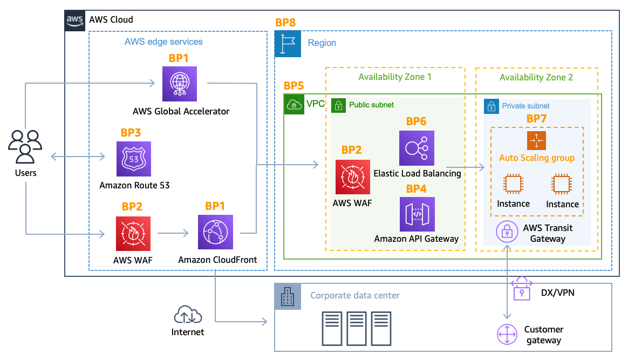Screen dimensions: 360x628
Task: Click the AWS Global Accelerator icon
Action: (x=180, y=84)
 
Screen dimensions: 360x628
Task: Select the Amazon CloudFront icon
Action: (x=215, y=232)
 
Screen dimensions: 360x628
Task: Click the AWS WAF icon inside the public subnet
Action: (x=353, y=176)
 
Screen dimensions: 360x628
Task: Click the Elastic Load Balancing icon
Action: (x=417, y=148)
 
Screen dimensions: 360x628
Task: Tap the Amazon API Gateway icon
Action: (x=417, y=214)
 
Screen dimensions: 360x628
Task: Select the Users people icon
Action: (x=25, y=146)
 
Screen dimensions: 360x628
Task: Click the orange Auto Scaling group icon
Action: (x=536, y=141)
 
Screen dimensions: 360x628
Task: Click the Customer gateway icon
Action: (x=507, y=334)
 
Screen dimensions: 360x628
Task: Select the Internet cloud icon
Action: (x=188, y=315)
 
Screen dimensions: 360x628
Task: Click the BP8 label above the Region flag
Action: (x=285, y=23)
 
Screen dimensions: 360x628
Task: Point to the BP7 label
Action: (x=536, y=119)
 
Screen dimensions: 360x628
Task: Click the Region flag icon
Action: (x=288, y=43)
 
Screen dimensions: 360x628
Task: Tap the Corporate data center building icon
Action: (x=288, y=296)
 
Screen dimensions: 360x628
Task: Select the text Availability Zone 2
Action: (x=536, y=77)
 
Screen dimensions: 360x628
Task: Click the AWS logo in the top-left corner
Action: (x=75, y=20)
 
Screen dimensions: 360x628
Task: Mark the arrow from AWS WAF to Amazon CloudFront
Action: (x=173, y=233)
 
